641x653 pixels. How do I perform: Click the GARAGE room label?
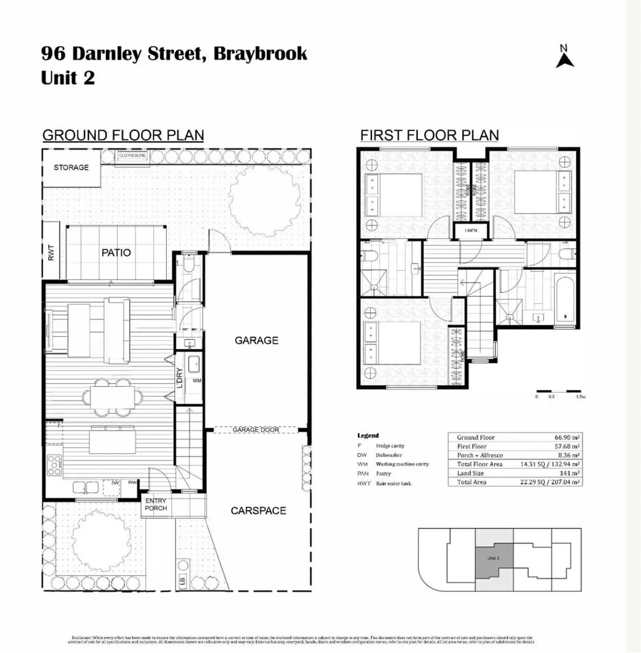[x=256, y=340]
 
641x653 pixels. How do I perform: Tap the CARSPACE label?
[x=258, y=511]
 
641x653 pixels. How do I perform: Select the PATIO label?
[x=116, y=253]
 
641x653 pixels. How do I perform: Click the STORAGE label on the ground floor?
[x=71, y=167]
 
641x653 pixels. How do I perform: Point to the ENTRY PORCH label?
[x=155, y=504]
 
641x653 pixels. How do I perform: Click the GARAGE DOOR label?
[x=256, y=430]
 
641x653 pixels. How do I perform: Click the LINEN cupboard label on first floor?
[x=471, y=231]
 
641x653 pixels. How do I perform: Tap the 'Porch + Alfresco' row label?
[x=480, y=455]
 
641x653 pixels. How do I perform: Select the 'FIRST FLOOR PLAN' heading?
[x=429, y=135]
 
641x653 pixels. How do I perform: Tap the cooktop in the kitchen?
[x=54, y=464]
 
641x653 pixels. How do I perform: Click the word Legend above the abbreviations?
[x=368, y=435]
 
